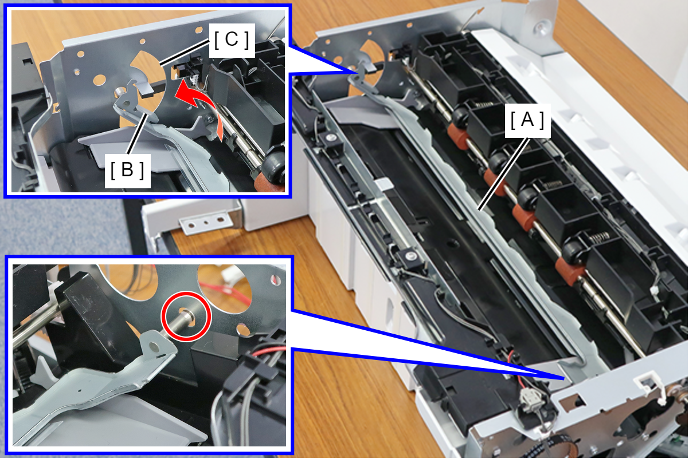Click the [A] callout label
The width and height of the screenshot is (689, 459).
coord(527,121)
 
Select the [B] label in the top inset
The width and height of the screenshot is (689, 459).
coord(128,171)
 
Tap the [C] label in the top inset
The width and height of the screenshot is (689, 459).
coord(232,40)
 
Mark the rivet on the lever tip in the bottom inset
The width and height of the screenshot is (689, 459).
coord(153,347)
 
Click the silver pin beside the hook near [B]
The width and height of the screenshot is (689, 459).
coord(119,91)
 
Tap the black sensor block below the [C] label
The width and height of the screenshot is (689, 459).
coord(185,69)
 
